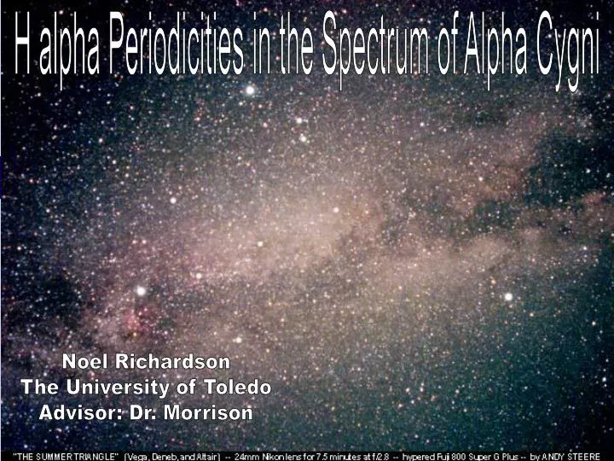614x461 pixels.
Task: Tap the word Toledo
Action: [238, 388]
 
